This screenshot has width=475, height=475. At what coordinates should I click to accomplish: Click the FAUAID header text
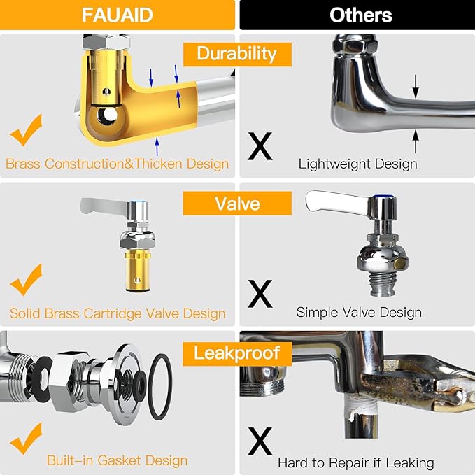[x=117, y=15]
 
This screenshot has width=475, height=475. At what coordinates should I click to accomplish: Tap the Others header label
[x=357, y=15]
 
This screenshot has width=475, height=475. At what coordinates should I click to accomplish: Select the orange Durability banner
[x=236, y=53]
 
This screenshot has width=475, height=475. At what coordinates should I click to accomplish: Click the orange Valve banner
[x=237, y=203]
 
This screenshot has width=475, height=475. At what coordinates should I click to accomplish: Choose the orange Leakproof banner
[x=237, y=353]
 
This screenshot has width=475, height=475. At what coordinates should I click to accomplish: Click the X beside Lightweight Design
[x=261, y=146]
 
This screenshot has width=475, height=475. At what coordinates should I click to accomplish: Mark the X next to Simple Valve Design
[x=261, y=294]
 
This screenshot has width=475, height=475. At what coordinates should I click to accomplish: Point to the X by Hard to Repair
[x=261, y=442]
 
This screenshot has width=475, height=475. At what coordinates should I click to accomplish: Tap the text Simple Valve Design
[x=359, y=312]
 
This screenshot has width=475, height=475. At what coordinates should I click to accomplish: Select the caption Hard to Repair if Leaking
[x=355, y=462]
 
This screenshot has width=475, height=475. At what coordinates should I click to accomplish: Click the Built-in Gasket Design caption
[x=117, y=460]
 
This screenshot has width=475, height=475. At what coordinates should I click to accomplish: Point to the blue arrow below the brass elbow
[x=157, y=145]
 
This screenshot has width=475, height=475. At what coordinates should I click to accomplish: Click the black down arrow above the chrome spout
[x=416, y=85]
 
